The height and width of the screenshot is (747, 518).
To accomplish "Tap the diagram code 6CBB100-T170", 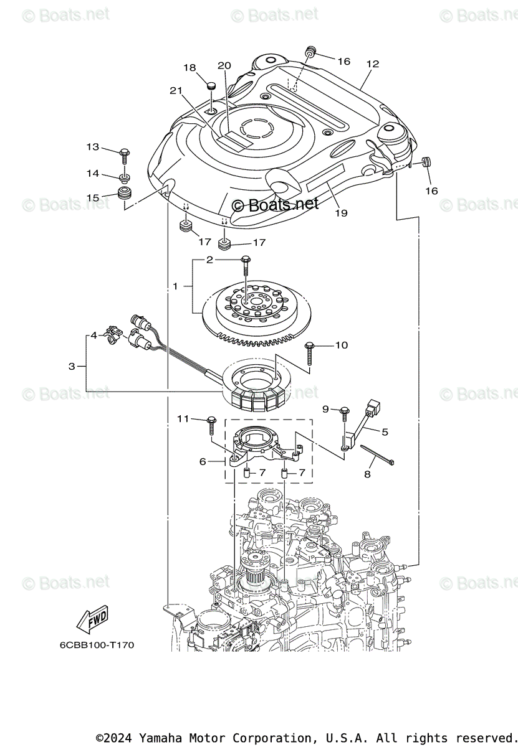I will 97,645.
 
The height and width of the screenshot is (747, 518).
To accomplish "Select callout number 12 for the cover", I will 373,63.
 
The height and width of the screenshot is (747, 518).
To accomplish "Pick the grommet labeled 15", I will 125,192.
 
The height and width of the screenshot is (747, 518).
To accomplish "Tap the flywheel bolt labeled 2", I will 246,265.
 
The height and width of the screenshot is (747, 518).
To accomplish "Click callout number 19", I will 341,212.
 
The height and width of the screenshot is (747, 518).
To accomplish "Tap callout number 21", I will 176,91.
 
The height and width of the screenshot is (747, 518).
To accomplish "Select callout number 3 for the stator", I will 72,366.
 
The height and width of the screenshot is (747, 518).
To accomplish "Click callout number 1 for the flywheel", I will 176,286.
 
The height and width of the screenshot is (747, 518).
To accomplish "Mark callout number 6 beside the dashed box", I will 203,461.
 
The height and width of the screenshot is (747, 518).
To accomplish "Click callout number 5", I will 385,431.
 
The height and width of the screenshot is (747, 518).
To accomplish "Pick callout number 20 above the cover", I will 224,65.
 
